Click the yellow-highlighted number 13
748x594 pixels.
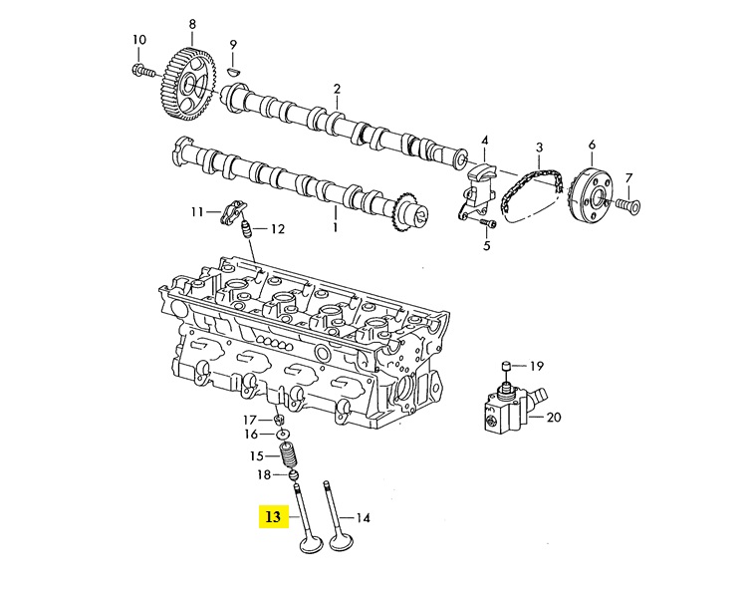(x=273, y=516)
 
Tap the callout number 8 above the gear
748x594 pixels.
(x=192, y=24)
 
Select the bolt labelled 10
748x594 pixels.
(x=142, y=71)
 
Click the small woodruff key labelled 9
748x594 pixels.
(x=234, y=71)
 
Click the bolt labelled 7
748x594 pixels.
(x=627, y=205)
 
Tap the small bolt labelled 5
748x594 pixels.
(x=486, y=222)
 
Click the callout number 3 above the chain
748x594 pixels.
(x=539, y=148)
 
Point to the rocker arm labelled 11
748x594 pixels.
(x=230, y=213)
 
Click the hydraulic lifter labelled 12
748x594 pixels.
(x=246, y=229)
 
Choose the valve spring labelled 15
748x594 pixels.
(x=289, y=455)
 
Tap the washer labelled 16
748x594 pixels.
(x=283, y=435)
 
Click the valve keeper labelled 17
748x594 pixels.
(x=279, y=421)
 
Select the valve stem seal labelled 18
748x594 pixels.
(x=294, y=475)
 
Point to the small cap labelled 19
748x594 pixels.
(x=506, y=366)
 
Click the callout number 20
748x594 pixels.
(x=554, y=418)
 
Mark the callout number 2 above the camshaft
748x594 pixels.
(x=337, y=90)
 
